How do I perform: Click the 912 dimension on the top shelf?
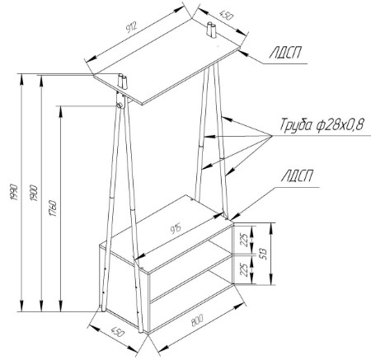131,27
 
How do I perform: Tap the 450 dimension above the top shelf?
227,16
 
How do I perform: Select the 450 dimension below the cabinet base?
118,332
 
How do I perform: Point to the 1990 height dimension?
14,192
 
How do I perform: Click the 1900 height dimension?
34,193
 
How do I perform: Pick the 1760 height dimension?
54,208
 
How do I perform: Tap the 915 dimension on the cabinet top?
176,228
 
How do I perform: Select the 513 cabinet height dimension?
263,254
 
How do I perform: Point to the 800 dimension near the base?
197,320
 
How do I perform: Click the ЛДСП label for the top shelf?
284,52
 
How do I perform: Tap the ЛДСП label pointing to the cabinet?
297,175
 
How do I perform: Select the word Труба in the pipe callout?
296,125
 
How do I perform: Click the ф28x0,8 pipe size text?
340,125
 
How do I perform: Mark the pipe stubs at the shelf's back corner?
211,30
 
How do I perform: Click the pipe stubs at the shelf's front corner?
123,82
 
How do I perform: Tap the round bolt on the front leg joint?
120,105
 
